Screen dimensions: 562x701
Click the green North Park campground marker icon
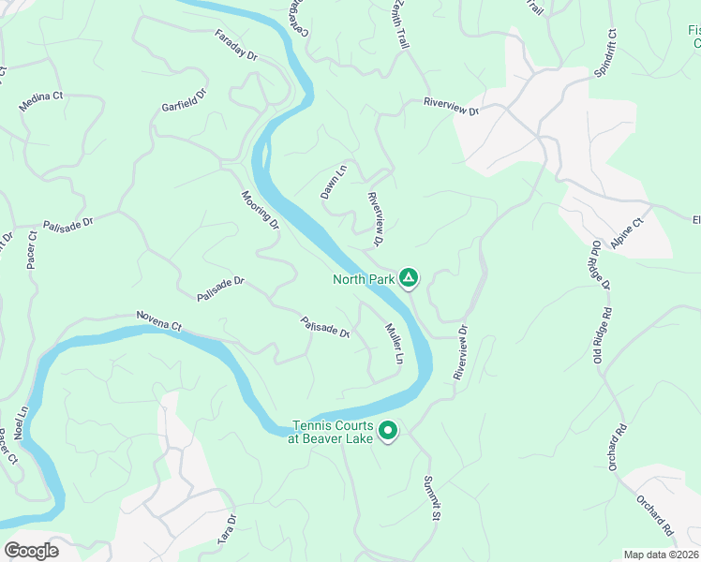click(x=408, y=277)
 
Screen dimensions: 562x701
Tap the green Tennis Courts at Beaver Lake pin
click(x=387, y=431)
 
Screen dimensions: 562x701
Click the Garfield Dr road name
click(x=184, y=99)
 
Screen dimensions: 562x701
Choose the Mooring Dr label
click(x=261, y=210)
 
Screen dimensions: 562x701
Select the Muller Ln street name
click(x=394, y=344)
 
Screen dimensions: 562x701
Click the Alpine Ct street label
click(x=627, y=233)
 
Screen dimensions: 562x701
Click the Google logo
click(x=31, y=550)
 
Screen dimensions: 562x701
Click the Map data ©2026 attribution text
click(x=662, y=555)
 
